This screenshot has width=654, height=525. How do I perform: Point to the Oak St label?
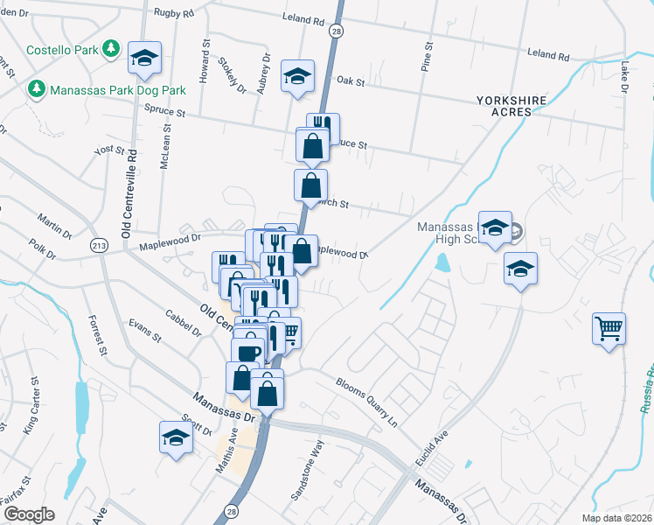[x=350, y=80]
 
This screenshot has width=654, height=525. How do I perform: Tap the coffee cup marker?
[x=247, y=351]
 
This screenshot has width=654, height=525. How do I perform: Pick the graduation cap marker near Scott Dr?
[x=176, y=437]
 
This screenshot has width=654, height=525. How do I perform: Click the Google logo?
[x=30, y=514]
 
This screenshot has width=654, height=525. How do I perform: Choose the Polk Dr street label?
[x=41, y=251]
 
